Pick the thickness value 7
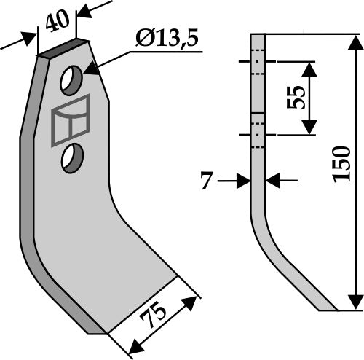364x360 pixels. coord(207,181)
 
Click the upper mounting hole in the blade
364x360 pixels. coord(71,80)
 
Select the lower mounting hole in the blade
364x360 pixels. coord(71,157)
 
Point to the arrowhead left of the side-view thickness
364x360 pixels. coord(243,180)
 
